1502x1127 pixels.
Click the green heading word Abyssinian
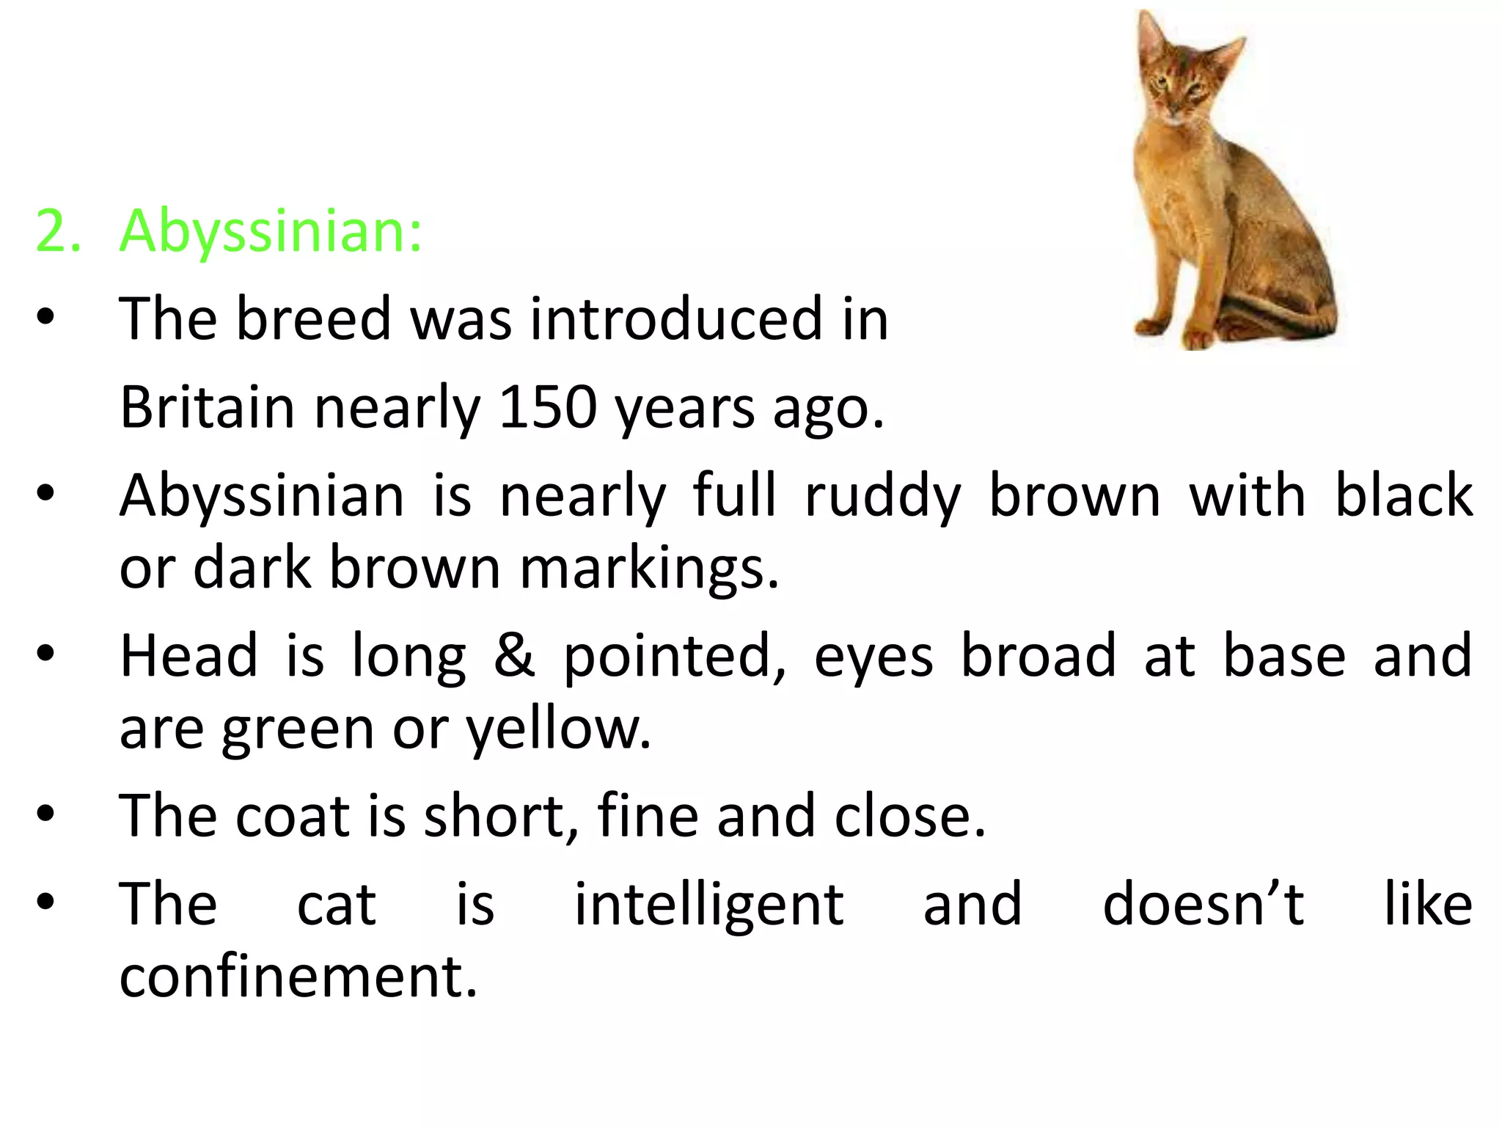270,232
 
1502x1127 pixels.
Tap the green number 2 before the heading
57,232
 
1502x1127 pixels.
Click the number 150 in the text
546,407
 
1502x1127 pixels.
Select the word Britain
207,407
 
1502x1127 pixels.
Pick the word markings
649,569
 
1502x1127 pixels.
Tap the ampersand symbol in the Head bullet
514,656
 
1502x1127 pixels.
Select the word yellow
557,731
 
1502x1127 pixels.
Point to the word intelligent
709,905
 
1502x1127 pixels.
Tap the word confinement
298,977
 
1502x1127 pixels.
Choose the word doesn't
1204,904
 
